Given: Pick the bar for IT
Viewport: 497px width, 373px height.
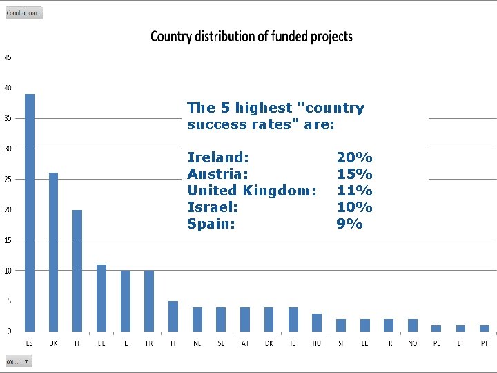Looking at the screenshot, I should [77, 270].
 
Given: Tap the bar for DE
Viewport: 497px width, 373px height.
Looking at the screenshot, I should [101, 298].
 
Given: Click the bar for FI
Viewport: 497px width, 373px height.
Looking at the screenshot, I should [173, 316].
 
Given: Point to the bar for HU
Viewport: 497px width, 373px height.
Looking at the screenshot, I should [317, 322].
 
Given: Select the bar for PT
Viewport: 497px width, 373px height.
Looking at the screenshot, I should [485, 328].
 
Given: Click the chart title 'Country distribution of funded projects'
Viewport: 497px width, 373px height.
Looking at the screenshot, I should [251, 37].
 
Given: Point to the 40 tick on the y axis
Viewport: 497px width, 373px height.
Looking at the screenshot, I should [8, 88].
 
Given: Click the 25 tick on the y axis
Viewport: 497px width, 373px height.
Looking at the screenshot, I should [8, 179].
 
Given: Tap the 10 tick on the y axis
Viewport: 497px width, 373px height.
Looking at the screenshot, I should [8, 270].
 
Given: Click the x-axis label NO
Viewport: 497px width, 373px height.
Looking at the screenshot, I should [413, 343].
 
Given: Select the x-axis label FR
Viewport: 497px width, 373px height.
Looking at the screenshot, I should [149, 343].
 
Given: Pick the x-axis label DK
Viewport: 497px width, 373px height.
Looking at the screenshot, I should [269, 343].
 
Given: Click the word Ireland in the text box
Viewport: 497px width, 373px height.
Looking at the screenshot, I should [218, 157].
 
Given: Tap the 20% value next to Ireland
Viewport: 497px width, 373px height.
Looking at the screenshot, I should [354, 157].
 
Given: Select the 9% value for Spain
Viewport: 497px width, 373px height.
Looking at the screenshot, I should [349, 223].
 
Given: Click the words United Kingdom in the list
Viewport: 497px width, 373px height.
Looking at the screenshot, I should [252, 190].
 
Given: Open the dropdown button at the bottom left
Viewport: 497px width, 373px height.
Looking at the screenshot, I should [19, 361].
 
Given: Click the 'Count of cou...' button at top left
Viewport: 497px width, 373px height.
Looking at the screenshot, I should [24, 12].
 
